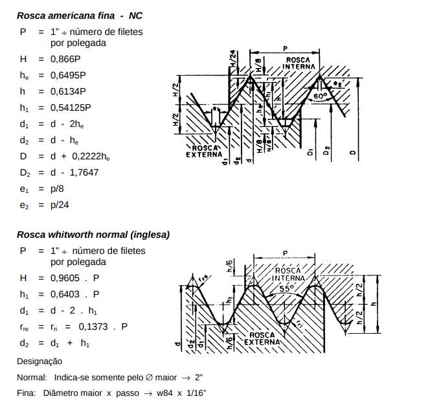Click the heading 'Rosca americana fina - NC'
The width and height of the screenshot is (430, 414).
coord(80,15)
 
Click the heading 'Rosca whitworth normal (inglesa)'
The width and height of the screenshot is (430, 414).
coord(93,234)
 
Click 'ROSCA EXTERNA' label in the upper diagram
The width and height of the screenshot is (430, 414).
coord(204,152)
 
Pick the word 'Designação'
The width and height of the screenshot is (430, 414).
coord(40,361)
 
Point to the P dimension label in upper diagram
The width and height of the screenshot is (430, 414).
coord(285,48)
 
